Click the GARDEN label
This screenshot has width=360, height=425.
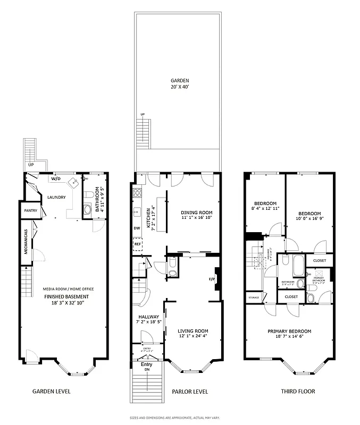click(x=180, y=81)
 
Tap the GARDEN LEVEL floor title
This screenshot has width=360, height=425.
click(x=52, y=392)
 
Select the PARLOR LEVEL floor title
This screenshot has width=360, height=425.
click(x=189, y=392)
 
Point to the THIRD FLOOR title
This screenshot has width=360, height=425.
click(x=298, y=392)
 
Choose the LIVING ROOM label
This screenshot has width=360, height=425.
click(x=192, y=331)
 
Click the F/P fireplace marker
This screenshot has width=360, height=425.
click(x=211, y=279)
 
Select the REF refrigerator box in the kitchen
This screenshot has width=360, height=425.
click(x=137, y=244)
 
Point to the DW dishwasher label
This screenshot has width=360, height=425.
click(x=137, y=229)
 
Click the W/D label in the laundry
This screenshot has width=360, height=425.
click(x=55, y=179)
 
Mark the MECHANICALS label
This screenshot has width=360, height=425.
click(x=25, y=241)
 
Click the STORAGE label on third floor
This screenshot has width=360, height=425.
click(x=253, y=297)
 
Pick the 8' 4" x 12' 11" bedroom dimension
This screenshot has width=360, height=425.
click(x=265, y=209)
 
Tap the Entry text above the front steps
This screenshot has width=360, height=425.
click(x=147, y=365)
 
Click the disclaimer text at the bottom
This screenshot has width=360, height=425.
click(x=180, y=418)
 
